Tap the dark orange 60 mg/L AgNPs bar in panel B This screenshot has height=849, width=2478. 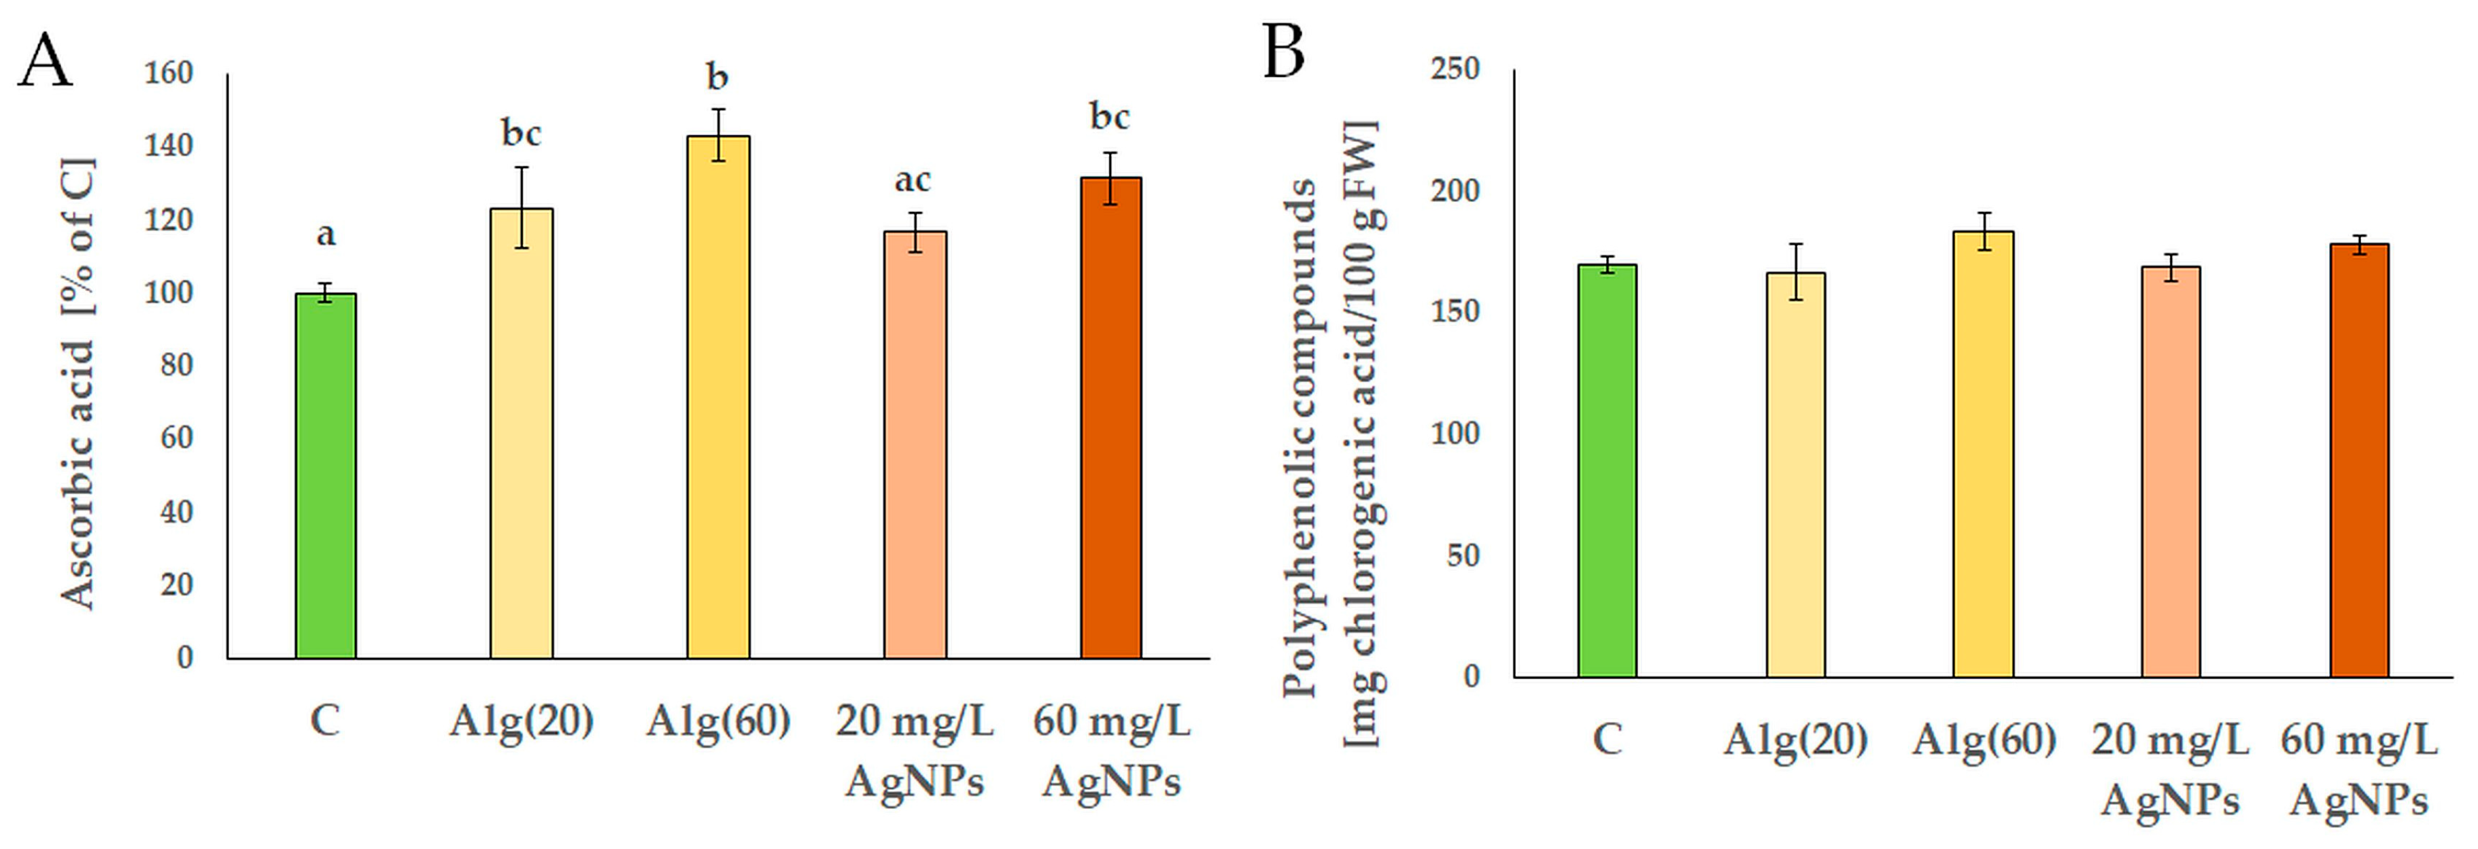point(2359,461)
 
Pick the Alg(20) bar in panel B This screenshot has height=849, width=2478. point(1795,475)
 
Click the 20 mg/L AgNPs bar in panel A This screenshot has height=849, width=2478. point(915,444)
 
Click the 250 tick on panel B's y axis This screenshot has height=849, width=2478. point(1455,69)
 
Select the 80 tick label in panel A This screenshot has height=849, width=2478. point(176,366)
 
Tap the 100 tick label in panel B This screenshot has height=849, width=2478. point(1455,434)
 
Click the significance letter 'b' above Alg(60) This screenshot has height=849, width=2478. point(717,76)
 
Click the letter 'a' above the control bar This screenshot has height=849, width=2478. point(326,234)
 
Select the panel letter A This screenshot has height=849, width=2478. point(45,60)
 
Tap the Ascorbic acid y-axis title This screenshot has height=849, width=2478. point(79,385)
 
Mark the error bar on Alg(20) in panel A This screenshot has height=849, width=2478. point(522,208)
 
